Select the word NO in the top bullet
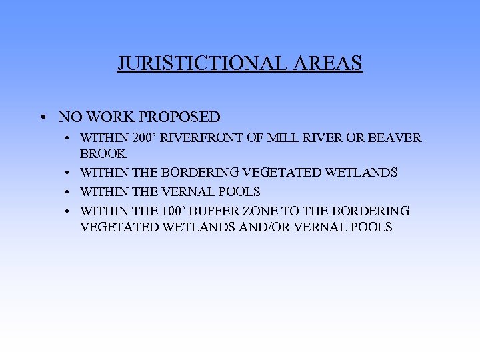click(x=69, y=117)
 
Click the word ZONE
click(x=257, y=211)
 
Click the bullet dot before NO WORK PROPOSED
click(x=42, y=118)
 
